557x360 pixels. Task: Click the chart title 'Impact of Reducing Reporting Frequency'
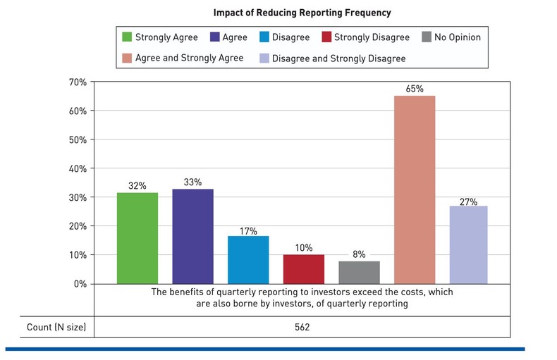click(302, 13)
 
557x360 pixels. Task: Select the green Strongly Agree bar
click(137, 238)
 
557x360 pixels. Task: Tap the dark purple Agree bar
click(192, 237)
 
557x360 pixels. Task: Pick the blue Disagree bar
click(248, 260)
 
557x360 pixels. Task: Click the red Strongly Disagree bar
click(303, 269)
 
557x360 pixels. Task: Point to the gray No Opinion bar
click(359, 272)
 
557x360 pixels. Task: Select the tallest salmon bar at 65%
click(415, 190)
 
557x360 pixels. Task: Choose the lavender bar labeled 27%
click(470, 245)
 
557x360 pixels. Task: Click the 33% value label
click(192, 182)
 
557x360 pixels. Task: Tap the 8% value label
click(359, 254)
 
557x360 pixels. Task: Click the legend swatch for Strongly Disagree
click(326, 37)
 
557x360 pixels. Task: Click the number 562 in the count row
click(302, 328)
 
